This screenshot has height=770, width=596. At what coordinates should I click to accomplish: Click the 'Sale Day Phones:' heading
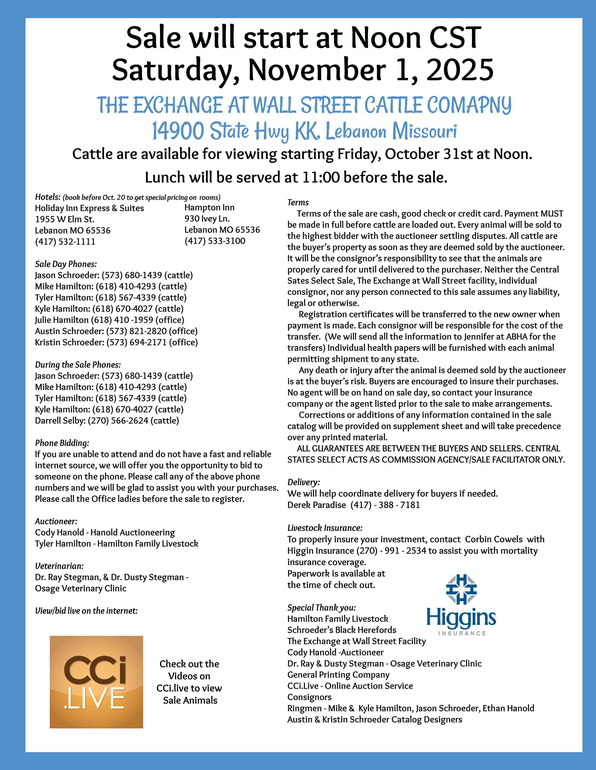[66, 264]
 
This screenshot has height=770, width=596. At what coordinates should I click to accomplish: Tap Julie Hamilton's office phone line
[109, 320]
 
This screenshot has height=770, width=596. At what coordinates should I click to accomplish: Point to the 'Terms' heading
[298, 202]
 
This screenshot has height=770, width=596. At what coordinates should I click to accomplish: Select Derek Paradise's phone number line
[354, 505]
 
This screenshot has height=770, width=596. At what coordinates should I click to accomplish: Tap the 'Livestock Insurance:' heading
[325, 528]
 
